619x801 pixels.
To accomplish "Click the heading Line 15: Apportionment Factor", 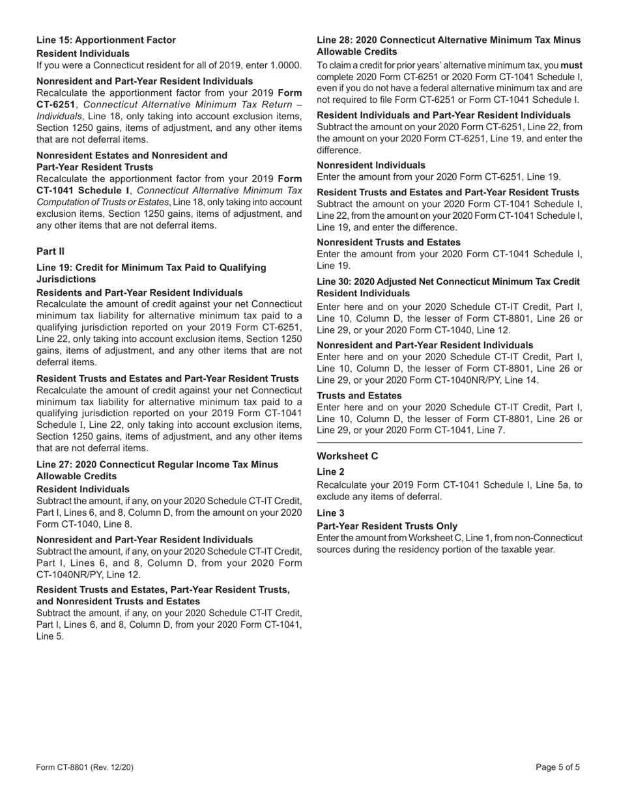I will tap(106, 40).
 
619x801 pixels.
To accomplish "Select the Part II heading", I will tap(50, 251).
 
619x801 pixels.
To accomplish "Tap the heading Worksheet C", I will tap(347, 456).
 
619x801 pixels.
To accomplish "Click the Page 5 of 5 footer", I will tap(558, 767).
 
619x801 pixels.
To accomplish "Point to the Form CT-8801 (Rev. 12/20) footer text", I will tap(85, 767).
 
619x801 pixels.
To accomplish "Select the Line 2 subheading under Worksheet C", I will tap(330, 472).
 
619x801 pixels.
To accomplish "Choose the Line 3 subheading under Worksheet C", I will tap(330, 513).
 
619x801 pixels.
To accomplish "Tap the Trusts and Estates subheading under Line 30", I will tap(359, 396).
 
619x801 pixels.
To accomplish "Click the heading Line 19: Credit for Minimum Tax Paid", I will tap(151, 268).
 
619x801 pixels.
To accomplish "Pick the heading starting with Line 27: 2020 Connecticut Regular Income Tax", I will tap(157, 464).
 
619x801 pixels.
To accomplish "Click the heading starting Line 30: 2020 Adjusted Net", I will tap(448, 282).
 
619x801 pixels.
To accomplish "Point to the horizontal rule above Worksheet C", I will tap(449, 443).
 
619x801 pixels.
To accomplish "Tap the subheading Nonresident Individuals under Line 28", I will tap(371, 165).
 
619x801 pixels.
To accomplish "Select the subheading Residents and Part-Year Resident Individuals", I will tap(139, 293).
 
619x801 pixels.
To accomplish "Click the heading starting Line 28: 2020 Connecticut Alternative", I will tap(448, 40).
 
